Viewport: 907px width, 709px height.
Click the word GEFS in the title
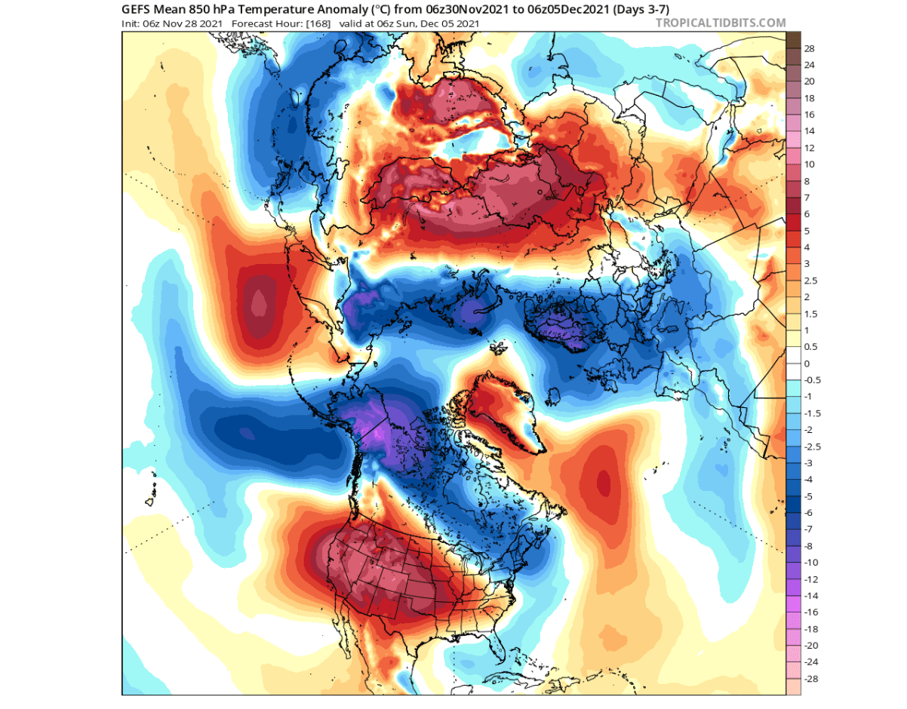click(x=138, y=10)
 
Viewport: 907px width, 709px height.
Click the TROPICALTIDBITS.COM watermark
click(x=721, y=23)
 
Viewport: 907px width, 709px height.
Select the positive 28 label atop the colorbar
click(x=810, y=48)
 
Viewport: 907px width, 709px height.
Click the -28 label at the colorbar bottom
click(x=811, y=679)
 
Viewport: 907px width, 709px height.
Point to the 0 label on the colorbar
click(x=807, y=364)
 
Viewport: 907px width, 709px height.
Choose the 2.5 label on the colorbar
click(x=811, y=281)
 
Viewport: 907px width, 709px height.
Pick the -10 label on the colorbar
click(x=811, y=563)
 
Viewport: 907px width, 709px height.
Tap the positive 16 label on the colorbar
click(x=810, y=115)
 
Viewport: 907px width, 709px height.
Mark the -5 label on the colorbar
click(x=808, y=496)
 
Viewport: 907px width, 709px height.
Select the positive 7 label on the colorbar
click(x=807, y=198)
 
